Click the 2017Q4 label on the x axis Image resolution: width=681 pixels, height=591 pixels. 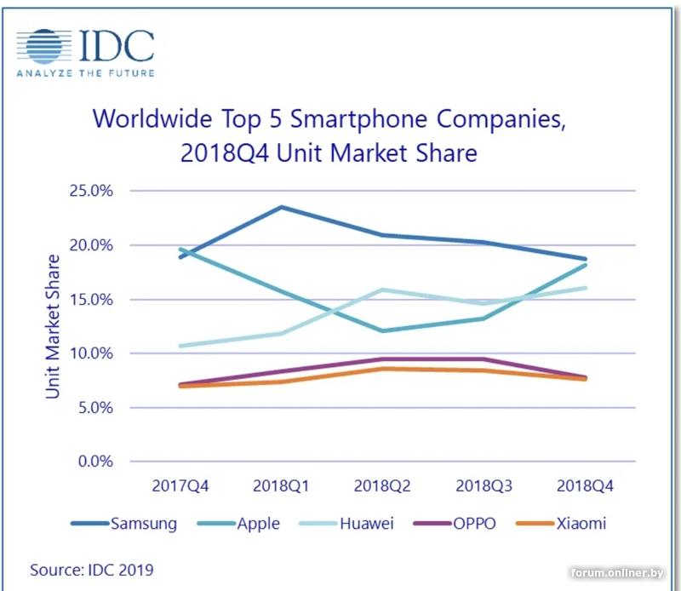click(x=180, y=486)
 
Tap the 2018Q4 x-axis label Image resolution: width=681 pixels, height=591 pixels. click(x=584, y=486)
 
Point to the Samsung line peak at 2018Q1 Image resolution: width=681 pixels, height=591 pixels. click(x=281, y=207)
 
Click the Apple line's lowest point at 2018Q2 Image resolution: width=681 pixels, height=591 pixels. click(x=382, y=330)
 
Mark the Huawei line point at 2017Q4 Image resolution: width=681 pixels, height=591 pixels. click(x=180, y=346)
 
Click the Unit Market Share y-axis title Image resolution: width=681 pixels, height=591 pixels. click(x=54, y=326)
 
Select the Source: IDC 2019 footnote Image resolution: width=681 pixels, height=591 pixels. click(x=86, y=568)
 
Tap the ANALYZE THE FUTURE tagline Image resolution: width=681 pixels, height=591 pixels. click(x=85, y=73)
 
